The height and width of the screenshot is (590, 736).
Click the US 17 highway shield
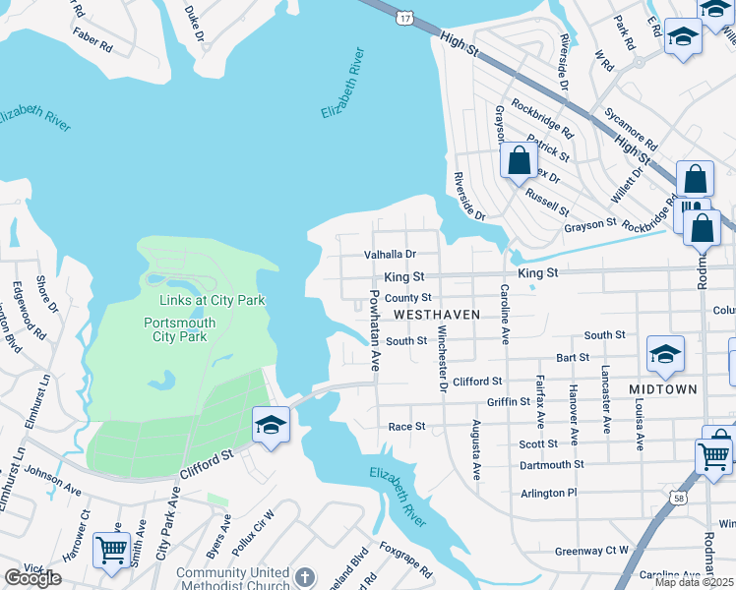405,18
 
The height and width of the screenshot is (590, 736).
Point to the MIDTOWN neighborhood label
664,389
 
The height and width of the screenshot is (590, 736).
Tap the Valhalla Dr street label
391,254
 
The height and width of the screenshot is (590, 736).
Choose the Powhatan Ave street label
375,328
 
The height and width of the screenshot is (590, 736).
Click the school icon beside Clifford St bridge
271,425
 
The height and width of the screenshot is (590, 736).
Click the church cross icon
305,575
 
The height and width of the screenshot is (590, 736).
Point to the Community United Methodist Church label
233,579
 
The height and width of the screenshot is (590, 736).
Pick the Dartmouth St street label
551,464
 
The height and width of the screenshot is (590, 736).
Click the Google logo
32,578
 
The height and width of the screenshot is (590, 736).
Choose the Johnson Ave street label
54,479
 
